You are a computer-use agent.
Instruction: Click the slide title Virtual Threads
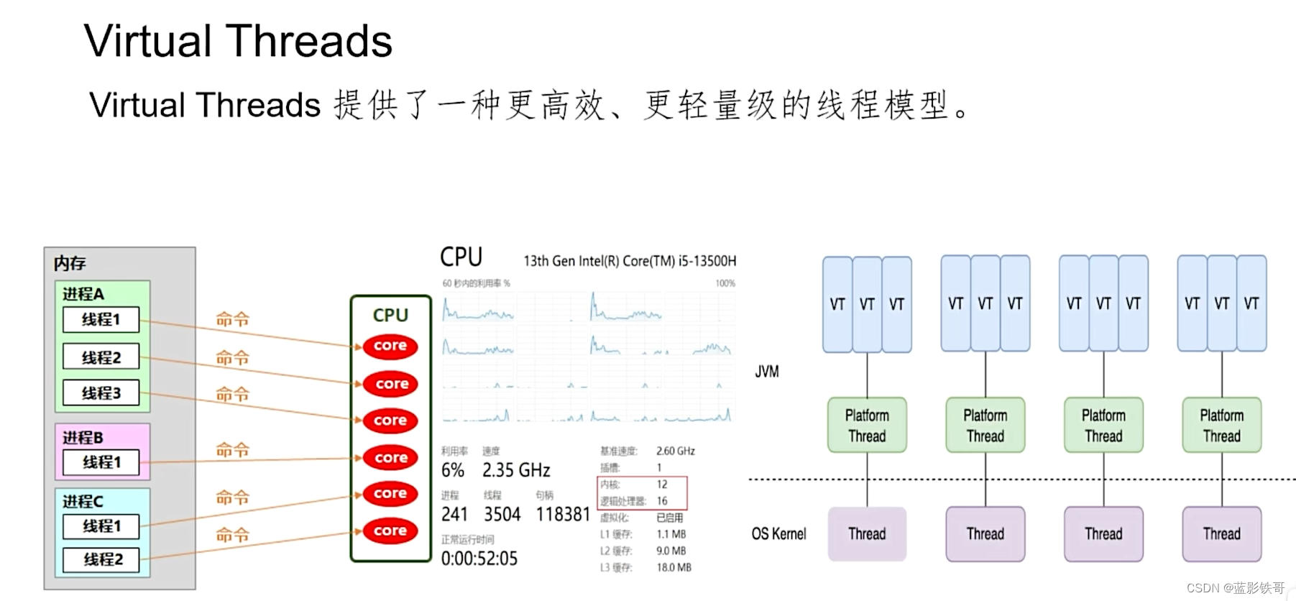tap(238, 41)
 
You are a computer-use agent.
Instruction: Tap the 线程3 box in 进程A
tap(101, 393)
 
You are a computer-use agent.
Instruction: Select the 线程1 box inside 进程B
tap(101, 462)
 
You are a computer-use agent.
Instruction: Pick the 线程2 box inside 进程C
tap(103, 559)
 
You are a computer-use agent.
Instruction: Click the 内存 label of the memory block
tap(70, 263)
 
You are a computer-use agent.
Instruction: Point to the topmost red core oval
tap(390, 347)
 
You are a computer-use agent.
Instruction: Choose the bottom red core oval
tap(390, 531)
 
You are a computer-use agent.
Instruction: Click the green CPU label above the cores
tap(390, 315)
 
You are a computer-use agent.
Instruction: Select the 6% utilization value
tap(453, 470)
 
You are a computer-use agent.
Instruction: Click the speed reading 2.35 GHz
tap(516, 470)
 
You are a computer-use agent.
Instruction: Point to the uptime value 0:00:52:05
tap(479, 559)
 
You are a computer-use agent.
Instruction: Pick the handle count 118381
tap(563, 514)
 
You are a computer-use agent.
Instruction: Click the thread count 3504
tap(502, 514)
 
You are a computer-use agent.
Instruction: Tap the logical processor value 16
tap(662, 501)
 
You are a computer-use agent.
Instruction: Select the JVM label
tap(767, 372)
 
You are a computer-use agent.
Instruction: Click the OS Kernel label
tap(779, 534)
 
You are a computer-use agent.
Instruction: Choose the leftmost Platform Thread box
tap(867, 426)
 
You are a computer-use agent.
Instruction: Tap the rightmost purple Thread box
tap(1221, 534)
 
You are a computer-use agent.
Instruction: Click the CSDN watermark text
tap(1236, 588)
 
